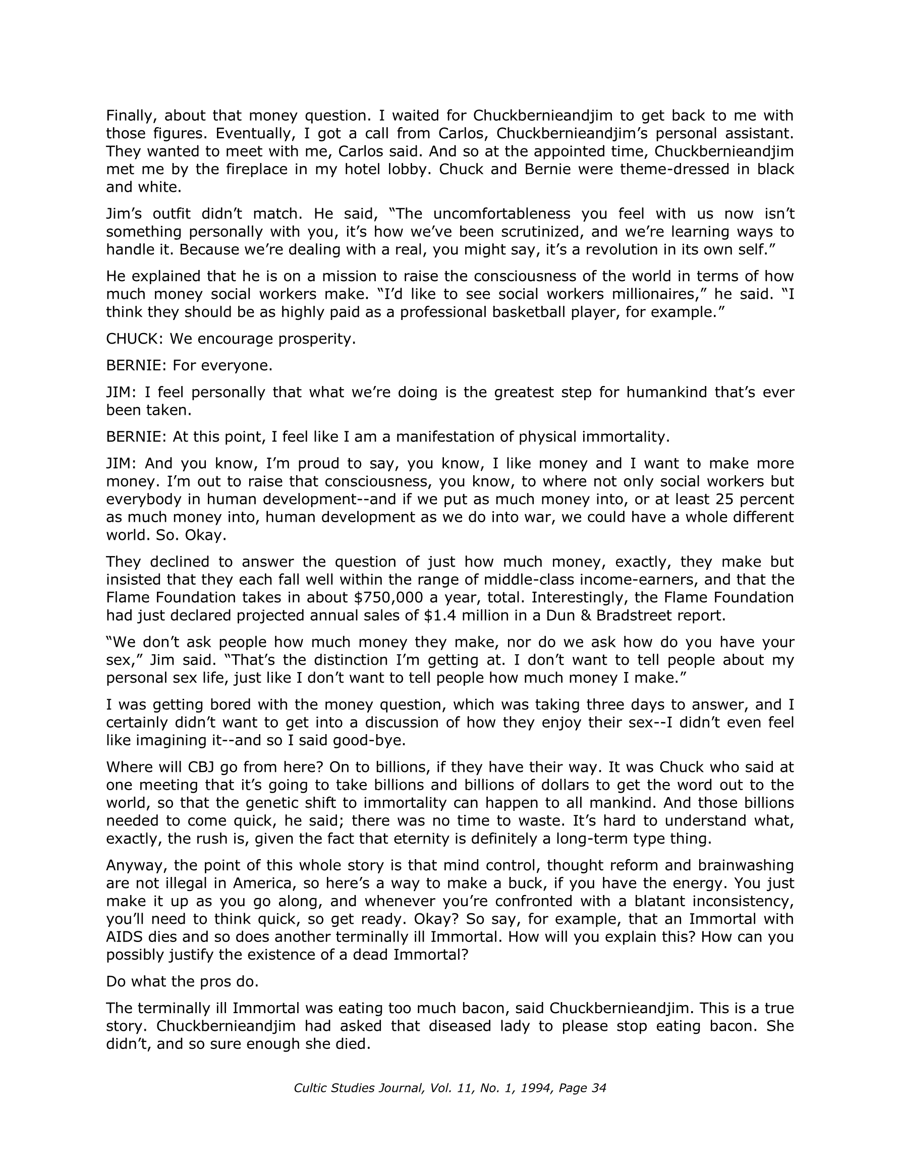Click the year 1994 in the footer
[536, 1088]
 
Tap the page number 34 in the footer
[599, 1088]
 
